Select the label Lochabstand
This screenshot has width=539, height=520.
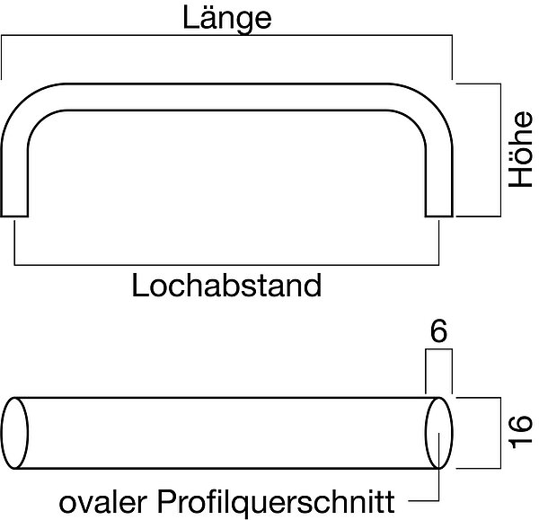[x=226, y=286]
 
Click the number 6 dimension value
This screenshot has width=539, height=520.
[x=438, y=331]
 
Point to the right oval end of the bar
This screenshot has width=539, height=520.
[x=437, y=433]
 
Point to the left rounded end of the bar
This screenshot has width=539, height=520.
[x=17, y=433]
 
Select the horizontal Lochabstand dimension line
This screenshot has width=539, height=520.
[x=226, y=264]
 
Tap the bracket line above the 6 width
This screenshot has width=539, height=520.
[x=437, y=354]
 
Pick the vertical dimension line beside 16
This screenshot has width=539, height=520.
[x=499, y=432]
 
